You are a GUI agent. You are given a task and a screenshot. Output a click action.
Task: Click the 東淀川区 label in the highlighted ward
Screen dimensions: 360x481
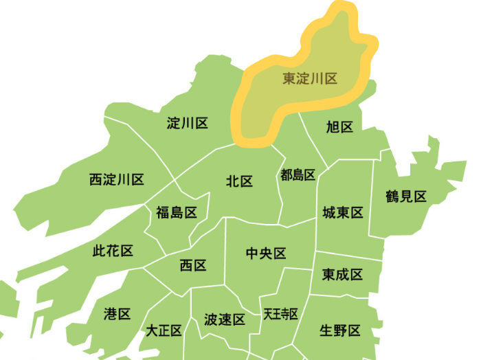tap(310, 79)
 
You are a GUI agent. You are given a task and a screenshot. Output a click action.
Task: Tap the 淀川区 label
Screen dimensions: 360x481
tap(188, 124)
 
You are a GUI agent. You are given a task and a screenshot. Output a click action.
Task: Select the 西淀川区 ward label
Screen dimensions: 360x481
tap(117, 180)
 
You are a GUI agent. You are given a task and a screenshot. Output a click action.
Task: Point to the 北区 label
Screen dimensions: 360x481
tap(240, 181)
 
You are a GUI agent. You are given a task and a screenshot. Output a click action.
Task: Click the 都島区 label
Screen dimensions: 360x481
tap(298, 175)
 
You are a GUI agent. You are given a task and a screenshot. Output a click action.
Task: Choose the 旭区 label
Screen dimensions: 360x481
tap(339, 127)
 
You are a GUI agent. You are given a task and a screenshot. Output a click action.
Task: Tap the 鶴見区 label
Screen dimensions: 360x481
tap(407, 197)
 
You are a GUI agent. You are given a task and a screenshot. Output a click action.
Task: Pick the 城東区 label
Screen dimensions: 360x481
tap(342, 213)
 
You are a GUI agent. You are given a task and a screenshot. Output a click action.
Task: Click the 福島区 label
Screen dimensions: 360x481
tap(177, 213)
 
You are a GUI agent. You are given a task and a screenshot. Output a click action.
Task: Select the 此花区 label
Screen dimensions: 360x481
tap(113, 251)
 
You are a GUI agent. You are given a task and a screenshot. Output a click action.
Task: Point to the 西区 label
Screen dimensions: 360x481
tap(193, 265)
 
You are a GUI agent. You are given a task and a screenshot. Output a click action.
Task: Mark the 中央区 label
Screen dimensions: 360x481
tap(266, 254)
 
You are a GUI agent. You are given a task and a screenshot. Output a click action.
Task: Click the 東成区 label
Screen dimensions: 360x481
tap(342, 275)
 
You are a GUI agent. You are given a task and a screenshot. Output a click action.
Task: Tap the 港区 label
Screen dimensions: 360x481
tap(118, 314)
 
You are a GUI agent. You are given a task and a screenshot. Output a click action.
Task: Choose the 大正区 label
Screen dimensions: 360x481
tap(164, 331)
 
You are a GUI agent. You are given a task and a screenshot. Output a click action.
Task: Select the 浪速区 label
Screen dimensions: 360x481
tap(225, 320)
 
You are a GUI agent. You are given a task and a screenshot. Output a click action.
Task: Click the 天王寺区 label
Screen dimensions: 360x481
tap(280, 315)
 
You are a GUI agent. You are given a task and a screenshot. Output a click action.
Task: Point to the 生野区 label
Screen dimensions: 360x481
tap(340, 330)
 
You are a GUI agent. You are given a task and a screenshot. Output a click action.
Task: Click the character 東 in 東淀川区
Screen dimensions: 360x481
tap(290, 79)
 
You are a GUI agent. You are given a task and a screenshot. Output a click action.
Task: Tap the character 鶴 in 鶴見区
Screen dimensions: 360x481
tap(393, 197)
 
